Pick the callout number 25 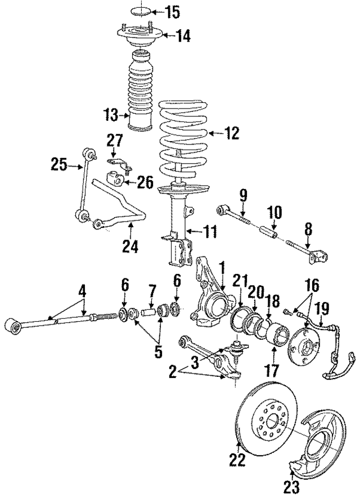59,165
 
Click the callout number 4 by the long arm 83,291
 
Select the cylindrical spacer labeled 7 150,310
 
